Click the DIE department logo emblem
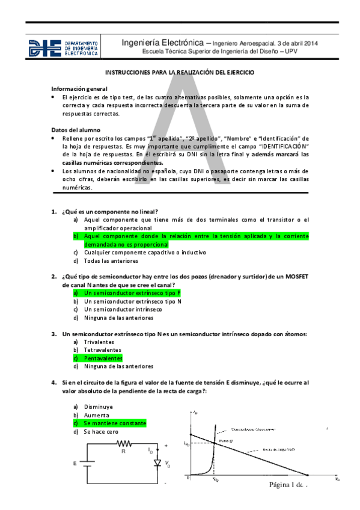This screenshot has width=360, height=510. (45, 48)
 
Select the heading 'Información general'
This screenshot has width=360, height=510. (79, 88)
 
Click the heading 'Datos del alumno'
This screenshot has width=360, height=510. (76, 130)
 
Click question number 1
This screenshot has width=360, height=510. (53, 211)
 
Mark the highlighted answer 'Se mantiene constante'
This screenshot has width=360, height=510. (115, 423)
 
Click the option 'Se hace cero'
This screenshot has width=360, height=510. (101, 431)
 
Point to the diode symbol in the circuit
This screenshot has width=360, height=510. (158, 464)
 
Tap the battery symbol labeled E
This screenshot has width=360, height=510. (87, 464)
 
